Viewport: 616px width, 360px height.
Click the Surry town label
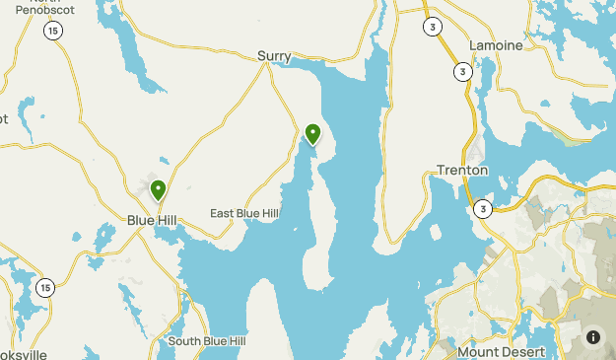[274, 56]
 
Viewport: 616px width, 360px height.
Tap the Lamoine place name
[495, 45]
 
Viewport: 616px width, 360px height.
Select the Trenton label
[463, 170]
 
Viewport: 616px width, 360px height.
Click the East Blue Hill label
[244, 213]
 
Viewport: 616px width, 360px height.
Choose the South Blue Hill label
[207, 341]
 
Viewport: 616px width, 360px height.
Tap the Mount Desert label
[501, 351]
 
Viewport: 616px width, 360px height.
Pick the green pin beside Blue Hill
[157, 189]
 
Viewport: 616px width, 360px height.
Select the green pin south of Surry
[313, 133]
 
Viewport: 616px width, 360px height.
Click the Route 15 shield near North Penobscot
[51, 32]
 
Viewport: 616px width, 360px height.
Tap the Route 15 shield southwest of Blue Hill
[45, 287]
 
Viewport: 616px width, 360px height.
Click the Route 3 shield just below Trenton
[482, 209]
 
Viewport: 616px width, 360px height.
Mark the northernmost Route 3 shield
[433, 27]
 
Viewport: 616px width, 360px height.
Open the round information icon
[593, 336]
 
